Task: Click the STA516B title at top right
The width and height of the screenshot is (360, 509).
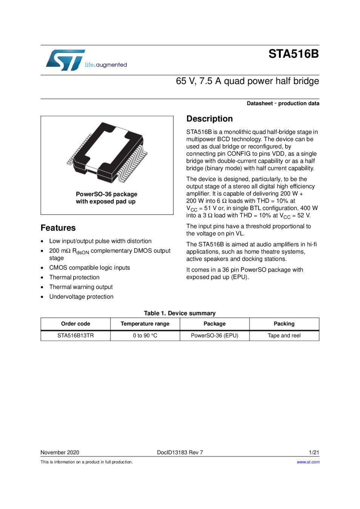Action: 293,54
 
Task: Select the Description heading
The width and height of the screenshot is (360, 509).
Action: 209,119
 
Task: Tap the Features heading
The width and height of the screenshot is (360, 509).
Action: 58,228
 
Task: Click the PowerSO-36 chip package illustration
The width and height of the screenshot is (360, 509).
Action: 107,152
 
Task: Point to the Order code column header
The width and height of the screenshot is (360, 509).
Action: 75,323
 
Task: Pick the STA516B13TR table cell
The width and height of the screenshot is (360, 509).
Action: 75,336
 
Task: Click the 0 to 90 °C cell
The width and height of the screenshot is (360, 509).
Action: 145,336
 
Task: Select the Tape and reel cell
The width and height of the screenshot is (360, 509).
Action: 284,336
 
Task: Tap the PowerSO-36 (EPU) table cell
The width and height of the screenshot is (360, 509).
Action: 214,336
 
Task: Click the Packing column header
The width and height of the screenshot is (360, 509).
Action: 284,323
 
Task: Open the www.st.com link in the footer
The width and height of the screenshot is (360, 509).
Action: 308,462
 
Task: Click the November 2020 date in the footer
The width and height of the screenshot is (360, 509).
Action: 60,452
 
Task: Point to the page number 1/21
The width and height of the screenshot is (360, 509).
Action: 314,452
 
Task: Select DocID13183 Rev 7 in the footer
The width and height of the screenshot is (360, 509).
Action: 180,452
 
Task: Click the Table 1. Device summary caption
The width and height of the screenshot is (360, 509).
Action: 180,313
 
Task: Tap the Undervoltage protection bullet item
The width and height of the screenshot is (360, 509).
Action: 81,297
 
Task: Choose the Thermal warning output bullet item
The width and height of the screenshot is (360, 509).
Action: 81,287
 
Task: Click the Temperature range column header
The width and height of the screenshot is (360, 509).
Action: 145,323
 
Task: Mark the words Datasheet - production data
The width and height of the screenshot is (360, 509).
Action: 283,103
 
